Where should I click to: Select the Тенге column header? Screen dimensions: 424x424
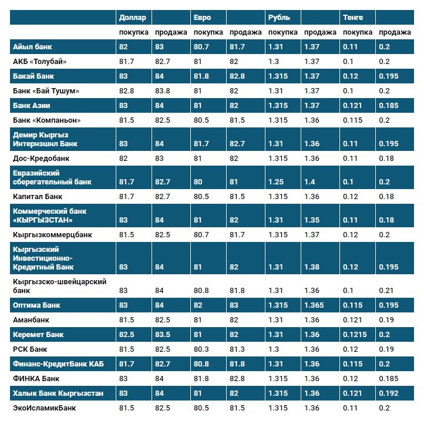coord(353,18)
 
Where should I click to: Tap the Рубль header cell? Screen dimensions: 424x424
coord(279,18)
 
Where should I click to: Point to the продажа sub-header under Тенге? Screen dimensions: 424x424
coord(394,32)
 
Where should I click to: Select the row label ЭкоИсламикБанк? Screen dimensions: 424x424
coord(44,408)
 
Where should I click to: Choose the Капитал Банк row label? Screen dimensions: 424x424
coord(37,196)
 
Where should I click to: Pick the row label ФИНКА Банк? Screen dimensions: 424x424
coord(36,378)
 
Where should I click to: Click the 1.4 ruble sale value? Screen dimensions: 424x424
coord(309,182)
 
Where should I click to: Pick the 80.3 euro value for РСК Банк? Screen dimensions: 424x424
coord(201,349)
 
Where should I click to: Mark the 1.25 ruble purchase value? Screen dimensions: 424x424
coord(275,182)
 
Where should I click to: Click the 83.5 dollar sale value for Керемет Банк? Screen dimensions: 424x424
coord(163,335)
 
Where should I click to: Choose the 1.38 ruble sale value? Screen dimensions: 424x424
coord(311,267)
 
